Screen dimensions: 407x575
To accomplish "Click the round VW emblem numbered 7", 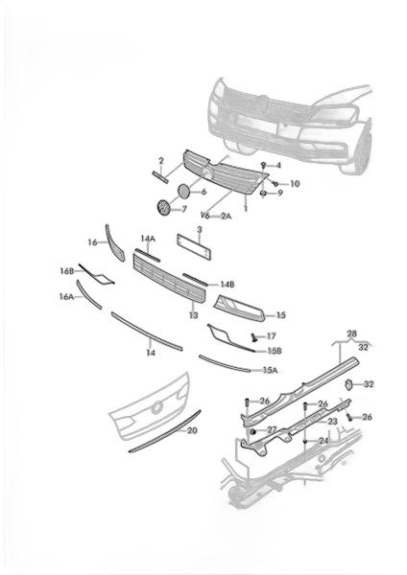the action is point(162,208).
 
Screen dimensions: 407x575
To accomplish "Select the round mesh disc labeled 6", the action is point(183,191).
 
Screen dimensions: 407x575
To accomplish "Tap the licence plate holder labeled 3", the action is point(194,247).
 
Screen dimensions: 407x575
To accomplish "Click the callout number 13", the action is point(193,315).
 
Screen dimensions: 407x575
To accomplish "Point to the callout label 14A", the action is point(148,239).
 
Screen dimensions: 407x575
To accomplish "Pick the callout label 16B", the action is point(67,271).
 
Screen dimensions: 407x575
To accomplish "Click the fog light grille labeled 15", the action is point(239,308).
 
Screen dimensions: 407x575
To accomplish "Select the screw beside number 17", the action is point(254,337).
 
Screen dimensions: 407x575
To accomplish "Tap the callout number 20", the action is point(192,430).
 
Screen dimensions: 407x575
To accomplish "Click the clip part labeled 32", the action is point(348,385).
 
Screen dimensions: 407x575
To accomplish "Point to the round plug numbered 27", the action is point(252,430).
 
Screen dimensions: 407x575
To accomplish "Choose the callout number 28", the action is point(351,333).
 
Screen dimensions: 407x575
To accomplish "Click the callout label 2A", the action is point(226,216).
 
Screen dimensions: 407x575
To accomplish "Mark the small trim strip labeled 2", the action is point(160,176).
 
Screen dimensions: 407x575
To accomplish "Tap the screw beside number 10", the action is point(275,183).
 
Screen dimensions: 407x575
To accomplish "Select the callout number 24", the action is point(323,441).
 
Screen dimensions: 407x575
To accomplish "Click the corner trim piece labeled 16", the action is point(115,243).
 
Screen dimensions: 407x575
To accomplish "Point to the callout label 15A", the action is point(270,370).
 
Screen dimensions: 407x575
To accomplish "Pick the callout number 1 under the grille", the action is point(246,209).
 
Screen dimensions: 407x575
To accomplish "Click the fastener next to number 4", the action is point(263,165).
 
